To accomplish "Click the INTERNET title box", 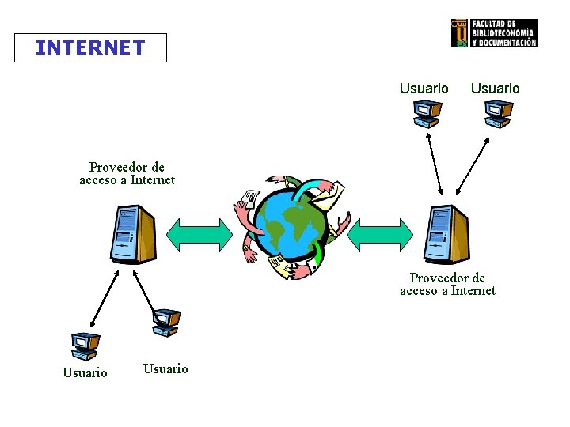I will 90,47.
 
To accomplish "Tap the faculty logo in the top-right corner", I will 494,33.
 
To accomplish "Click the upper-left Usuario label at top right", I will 424,89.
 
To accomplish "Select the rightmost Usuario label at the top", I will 495,89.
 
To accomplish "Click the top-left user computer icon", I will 425,114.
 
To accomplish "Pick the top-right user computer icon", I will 498,114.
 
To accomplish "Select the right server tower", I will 446,234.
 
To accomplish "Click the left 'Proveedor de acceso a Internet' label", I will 127,173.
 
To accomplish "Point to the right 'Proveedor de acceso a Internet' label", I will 447,284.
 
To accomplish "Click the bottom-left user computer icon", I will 84,346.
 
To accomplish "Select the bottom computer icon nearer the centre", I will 166,321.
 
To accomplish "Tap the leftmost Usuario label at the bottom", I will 85,372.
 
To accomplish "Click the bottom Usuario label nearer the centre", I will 165,368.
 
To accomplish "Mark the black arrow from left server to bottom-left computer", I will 105,297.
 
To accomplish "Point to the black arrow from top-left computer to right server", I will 435,163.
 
